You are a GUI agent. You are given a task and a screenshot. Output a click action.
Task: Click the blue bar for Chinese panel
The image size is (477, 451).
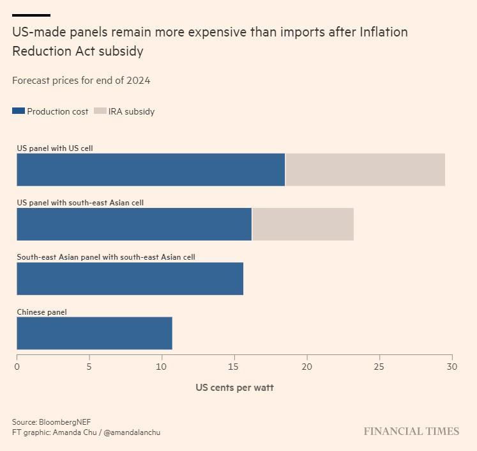click(95, 333)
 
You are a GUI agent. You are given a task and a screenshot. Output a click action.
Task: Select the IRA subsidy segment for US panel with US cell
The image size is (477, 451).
click(365, 170)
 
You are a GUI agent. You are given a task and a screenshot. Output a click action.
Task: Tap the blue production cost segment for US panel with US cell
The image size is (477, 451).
click(151, 170)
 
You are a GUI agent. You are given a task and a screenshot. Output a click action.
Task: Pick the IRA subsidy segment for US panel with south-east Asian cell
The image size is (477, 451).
click(303, 225)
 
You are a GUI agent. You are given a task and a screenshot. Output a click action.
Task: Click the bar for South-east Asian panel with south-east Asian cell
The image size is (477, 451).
click(130, 279)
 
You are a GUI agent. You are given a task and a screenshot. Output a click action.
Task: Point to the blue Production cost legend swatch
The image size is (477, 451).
click(19, 111)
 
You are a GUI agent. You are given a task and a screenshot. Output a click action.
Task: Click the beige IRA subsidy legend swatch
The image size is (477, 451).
click(100, 111)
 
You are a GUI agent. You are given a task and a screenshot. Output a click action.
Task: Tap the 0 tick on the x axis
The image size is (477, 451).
click(17, 367)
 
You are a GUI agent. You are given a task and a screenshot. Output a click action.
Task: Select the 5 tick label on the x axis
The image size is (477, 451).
click(89, 367)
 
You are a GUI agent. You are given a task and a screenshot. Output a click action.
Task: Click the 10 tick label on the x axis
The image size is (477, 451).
click(162, 367)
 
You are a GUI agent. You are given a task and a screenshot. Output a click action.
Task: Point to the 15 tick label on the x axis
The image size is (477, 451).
click(234, 367)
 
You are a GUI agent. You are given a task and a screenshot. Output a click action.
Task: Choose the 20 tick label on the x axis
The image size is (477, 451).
click(307, 367)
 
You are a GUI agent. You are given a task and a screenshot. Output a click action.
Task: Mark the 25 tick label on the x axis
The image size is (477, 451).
click(379, 367)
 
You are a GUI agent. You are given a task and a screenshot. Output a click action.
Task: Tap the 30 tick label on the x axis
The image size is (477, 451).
click(451, 367)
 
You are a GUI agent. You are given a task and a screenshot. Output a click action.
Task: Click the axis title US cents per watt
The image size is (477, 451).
click(234, 388)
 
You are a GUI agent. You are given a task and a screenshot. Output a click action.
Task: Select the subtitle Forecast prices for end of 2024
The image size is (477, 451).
click(81, 81)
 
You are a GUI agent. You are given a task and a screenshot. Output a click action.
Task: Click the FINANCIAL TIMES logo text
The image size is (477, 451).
click(411, 431)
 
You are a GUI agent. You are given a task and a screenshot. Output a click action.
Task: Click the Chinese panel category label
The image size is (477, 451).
click(42, 312)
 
